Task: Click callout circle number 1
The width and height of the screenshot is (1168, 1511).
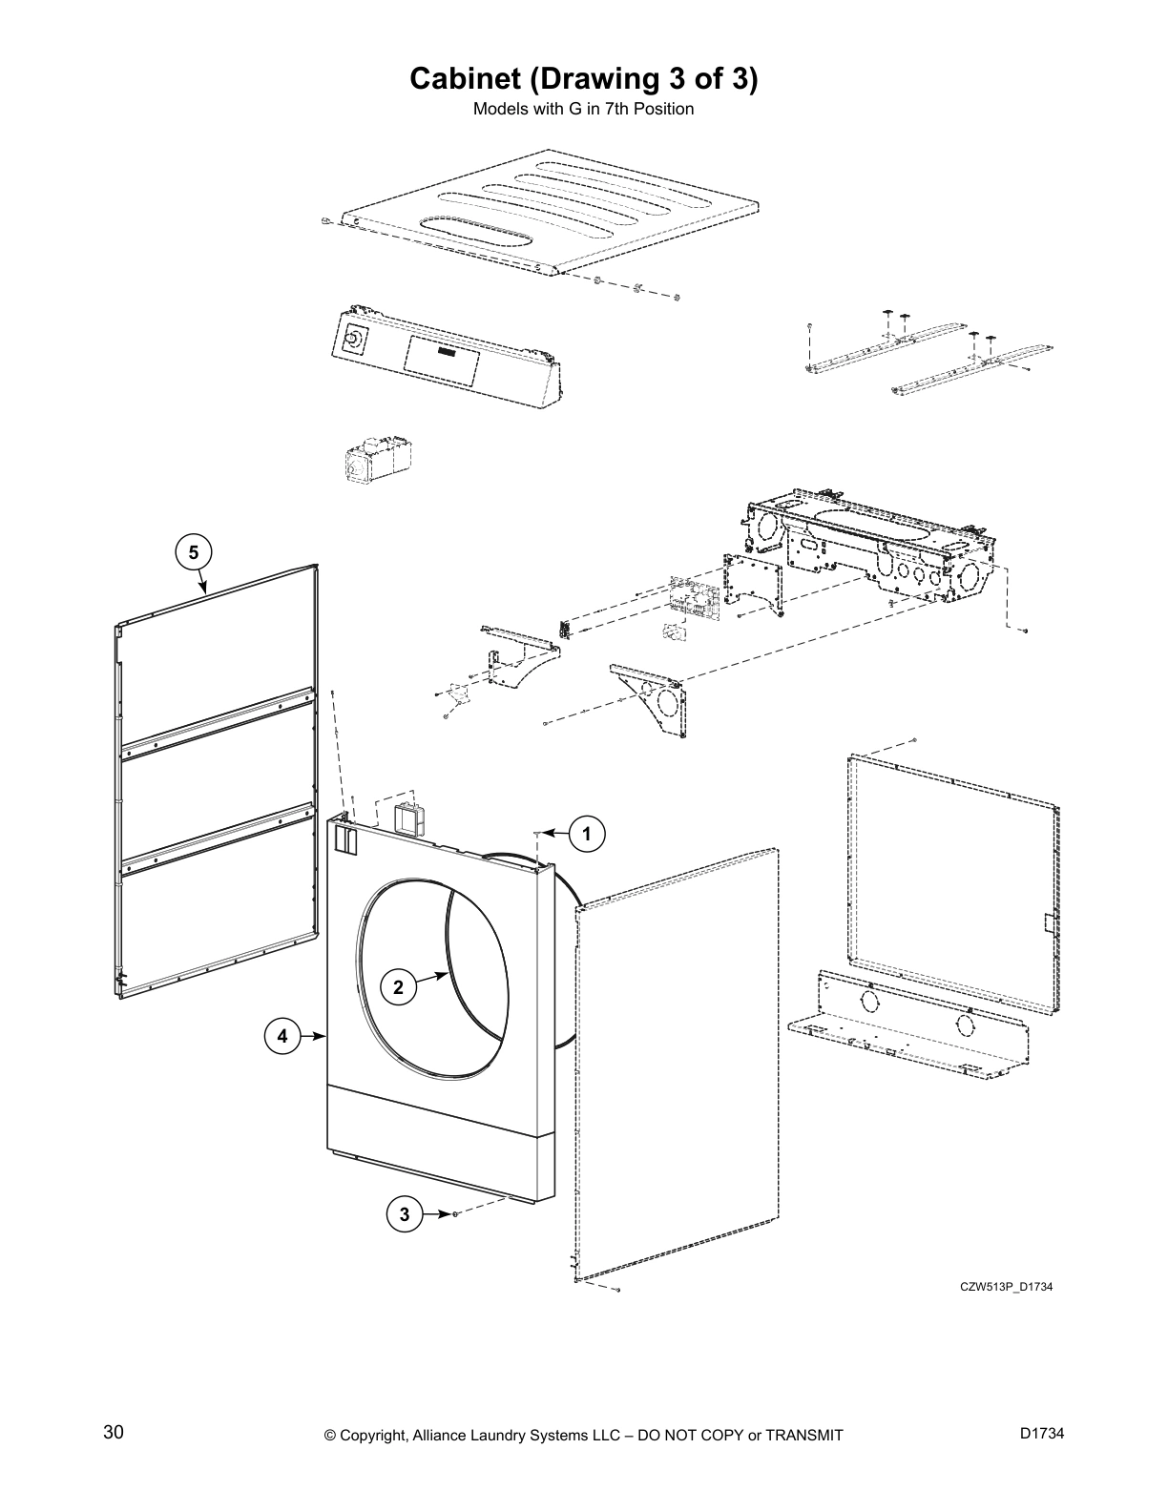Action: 587,835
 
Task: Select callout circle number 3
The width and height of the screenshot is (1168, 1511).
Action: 405,1214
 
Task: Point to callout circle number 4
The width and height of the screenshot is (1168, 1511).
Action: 282,1035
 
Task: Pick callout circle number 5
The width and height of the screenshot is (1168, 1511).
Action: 194,551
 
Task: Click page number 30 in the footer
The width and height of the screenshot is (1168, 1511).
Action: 114,1433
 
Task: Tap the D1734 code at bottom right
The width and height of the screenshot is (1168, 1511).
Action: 1041,1434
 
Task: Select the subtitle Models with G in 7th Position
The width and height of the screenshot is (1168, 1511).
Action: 583,109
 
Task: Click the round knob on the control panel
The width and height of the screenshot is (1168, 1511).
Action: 354,338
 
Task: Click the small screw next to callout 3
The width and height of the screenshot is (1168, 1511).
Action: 456,1214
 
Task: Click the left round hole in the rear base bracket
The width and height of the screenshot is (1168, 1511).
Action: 868,1002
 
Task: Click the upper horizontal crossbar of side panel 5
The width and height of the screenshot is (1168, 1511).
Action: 218,721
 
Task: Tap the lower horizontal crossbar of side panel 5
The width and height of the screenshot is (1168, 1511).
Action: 218,838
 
